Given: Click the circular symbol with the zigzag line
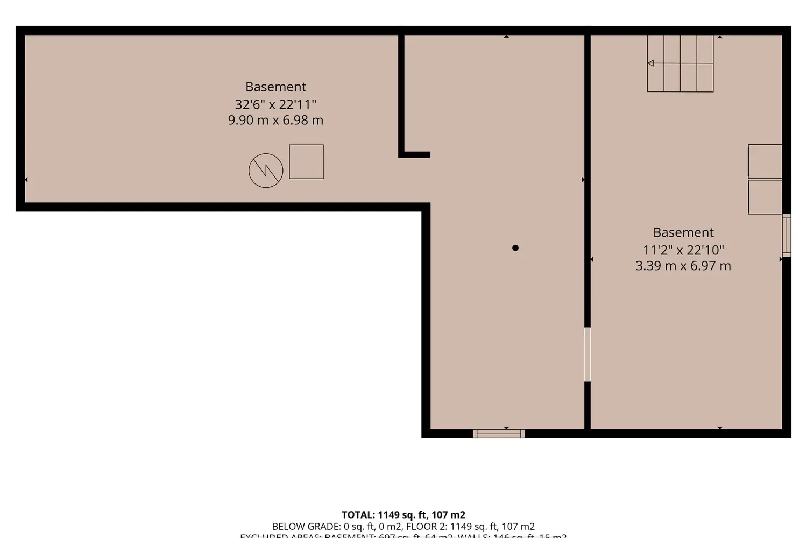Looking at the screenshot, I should (x=266, y=171).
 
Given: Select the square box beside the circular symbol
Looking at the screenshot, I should (x=306, y=161).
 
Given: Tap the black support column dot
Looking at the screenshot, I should (x=515, y=248).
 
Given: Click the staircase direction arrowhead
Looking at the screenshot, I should (x=651, y=63).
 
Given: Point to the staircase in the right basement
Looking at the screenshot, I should (x=681, y=63).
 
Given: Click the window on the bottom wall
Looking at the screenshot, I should (x=499, y=434).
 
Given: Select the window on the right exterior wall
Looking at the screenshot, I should (x=787, y=235).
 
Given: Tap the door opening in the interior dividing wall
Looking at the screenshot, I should (x=587, y=355).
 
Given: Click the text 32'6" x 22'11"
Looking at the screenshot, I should (x=275, y=104).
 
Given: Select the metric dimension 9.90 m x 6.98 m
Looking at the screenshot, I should (x=275, y=120).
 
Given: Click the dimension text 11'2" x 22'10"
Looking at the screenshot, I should (x=683, y=250).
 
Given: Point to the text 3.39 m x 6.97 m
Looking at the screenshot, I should (x=683, y=266).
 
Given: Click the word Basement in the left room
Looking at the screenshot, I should (x=275, y=87).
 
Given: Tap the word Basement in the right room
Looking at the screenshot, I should (x=683, y=232).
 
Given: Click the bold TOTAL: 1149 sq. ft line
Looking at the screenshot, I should (x=403, y=515).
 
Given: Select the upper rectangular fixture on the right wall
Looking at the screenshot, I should (x=766, y=161).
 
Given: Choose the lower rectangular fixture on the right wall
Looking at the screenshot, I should (x=766, y=197).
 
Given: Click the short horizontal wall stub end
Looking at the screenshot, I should (x=428, y=155).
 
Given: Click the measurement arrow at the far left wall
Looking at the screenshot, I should (x=26, y=180).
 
